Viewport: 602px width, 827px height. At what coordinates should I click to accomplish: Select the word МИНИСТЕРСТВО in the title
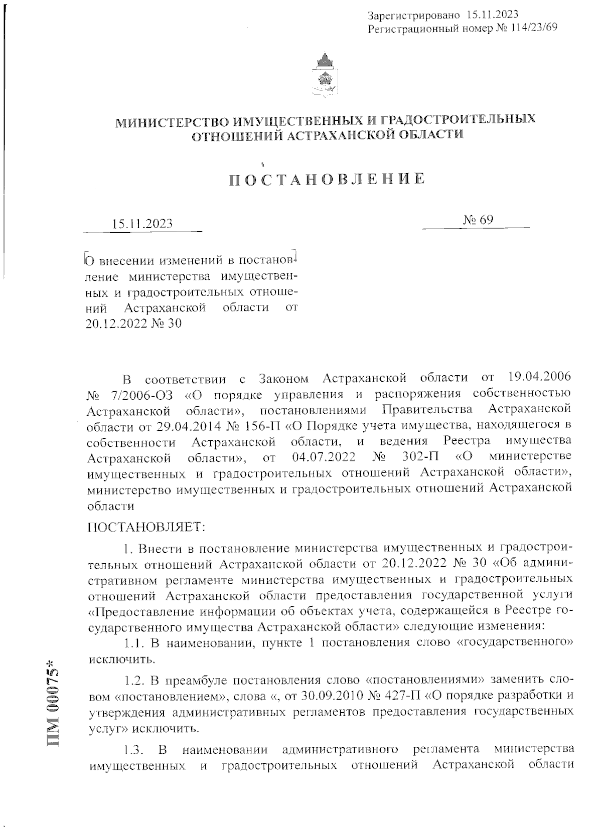pos(167,121)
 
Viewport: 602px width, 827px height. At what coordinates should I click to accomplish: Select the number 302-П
pos(422,458)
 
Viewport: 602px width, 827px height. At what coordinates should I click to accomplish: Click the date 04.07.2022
pos(323,458)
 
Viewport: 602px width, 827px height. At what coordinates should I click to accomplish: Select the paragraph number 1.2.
pos(133,681)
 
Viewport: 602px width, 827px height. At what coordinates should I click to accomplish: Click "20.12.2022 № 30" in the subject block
pos(133,323)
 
